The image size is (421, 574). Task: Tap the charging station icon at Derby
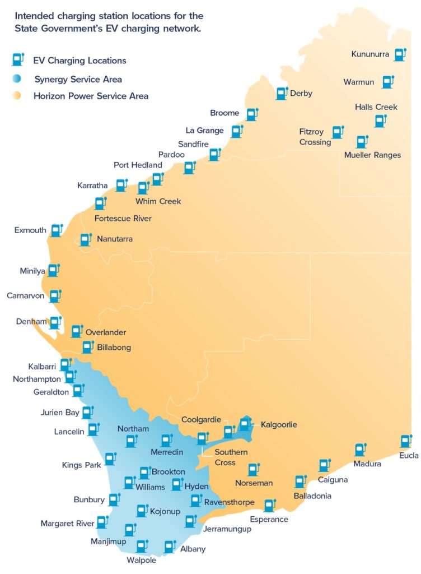pos(282,94)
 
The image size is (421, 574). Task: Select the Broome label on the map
pos(224,113)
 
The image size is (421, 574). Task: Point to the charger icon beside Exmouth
pos(55,230)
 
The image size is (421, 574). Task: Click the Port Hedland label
pos(138,165)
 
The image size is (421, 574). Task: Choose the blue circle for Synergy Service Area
pos(17,79)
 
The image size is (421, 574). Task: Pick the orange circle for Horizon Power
pos(17,96)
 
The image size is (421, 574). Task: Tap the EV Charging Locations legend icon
pos(18,60)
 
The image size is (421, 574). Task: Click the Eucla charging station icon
pos(405,442)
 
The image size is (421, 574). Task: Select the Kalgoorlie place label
pos(279,425)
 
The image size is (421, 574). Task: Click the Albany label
pos(193,549)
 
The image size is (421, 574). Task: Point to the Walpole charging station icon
pos(142,546)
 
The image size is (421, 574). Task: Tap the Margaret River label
pos(67,524)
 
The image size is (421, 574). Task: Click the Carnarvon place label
pos(26,295)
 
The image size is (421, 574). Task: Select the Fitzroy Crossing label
pos(315,137)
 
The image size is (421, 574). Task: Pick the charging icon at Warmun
pos(387,82)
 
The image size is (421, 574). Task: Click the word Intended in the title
pos(31,16)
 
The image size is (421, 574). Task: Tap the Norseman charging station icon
pos(254,470)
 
